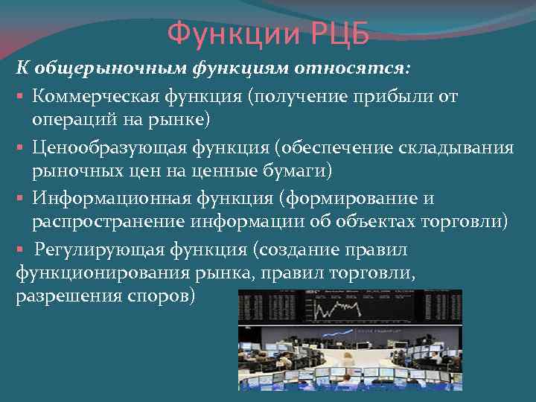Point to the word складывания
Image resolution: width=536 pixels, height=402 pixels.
click(459, 147)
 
